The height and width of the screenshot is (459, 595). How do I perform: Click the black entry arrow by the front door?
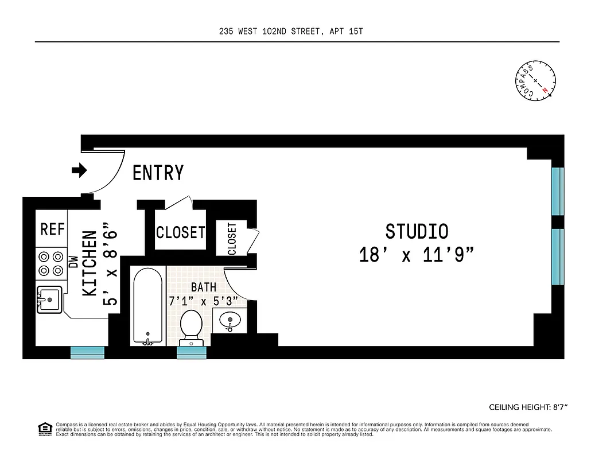tap(79, 170)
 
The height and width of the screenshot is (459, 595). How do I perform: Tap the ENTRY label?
tap(158, 173)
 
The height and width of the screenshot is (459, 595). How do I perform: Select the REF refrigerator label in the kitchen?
tap(52, 229)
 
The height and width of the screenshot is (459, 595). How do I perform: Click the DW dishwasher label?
tap(73, 262)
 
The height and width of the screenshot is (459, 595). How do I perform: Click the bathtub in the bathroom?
tap(149, 307)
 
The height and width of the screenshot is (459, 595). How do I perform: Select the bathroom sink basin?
tap(230, 321)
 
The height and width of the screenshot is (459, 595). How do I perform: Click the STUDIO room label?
tap(417, 232)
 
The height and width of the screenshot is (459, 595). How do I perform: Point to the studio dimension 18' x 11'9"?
tap(417, 255)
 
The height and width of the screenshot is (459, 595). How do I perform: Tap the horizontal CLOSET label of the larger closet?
tap(180, 232)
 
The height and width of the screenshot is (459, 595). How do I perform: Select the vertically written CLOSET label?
tap(232, 239)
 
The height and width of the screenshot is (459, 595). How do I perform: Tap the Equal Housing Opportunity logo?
tap(42, 428)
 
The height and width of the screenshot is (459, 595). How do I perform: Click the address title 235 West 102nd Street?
tap(291, 32)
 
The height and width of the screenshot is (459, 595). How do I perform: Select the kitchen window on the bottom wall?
tap(87, 352)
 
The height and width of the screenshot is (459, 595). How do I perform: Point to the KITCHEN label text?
tap(90, 263)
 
